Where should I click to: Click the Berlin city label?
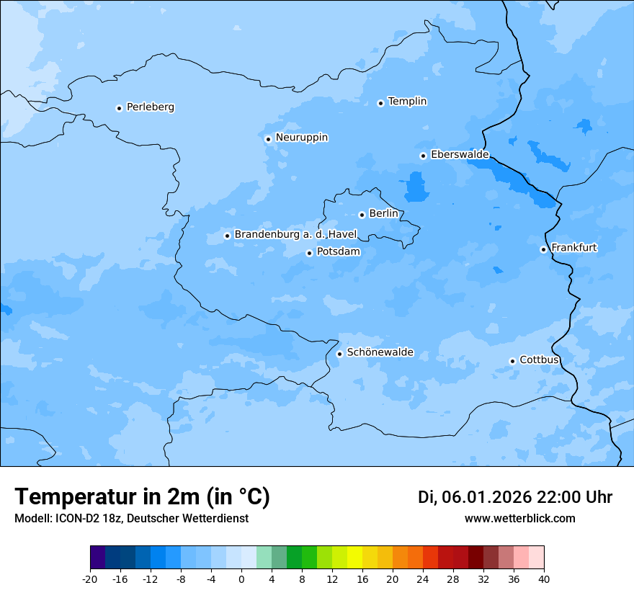click(x=383, y=214)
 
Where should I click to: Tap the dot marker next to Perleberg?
click(x=119, y=108)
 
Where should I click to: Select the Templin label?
click(x=407, y=102)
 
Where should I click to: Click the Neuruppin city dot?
click(x=268, y=139)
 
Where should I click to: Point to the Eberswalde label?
click(x=460, y=155)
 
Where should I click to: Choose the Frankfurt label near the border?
click(x=573, y=248)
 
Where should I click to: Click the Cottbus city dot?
click(x=512, y=361)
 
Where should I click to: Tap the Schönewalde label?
click(x=380, y=352)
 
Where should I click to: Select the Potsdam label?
click(x=338, y=252)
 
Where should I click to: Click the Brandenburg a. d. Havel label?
click(x=295, y=235)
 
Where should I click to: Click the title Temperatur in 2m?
click(x=142, y=497)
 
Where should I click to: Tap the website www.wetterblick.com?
click(x=519, y=519)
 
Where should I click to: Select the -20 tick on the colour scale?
click(x=90, y=579)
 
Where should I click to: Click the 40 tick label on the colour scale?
click(x=544, y=579)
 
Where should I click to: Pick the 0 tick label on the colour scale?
click(x=241, y=579)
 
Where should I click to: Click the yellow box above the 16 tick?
click(x=354, y=558)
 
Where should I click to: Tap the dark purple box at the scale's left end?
click(x=97, y=558)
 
